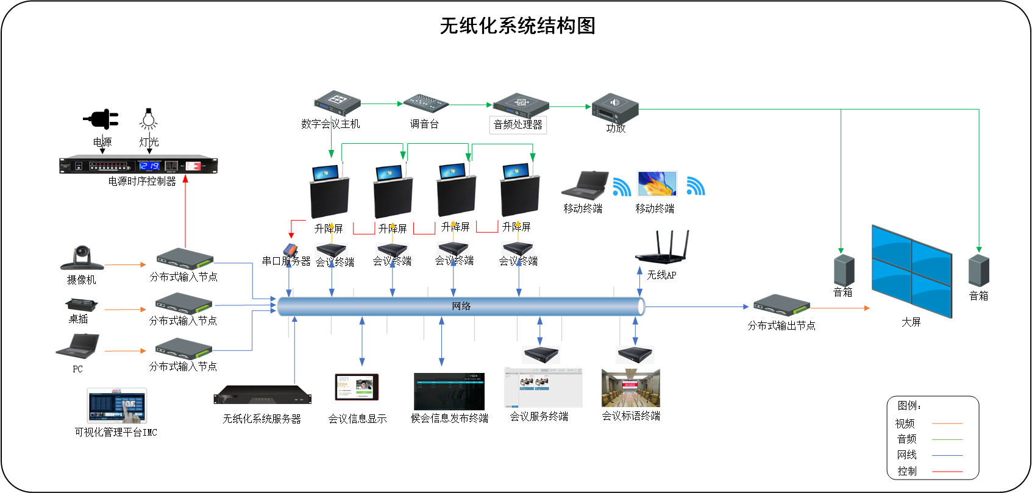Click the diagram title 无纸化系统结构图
point(517,26)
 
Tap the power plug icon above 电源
point(101,119)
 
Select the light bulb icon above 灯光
point(148,119)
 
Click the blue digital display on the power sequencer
point(149,166)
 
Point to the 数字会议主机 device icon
point(337,103)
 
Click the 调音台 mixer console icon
point(426,103)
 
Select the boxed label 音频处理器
point(518,125)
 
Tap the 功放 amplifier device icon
point(614,108)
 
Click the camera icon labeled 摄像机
point(82,258)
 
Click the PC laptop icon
point(78,346)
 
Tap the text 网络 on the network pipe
point(461,306)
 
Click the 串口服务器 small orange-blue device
point(291,249)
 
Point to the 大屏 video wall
point(911,271)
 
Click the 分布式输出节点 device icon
point(781,305)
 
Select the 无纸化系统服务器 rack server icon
point(262,395)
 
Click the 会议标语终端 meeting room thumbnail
point(630,388)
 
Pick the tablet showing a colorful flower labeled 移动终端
point(657,183)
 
